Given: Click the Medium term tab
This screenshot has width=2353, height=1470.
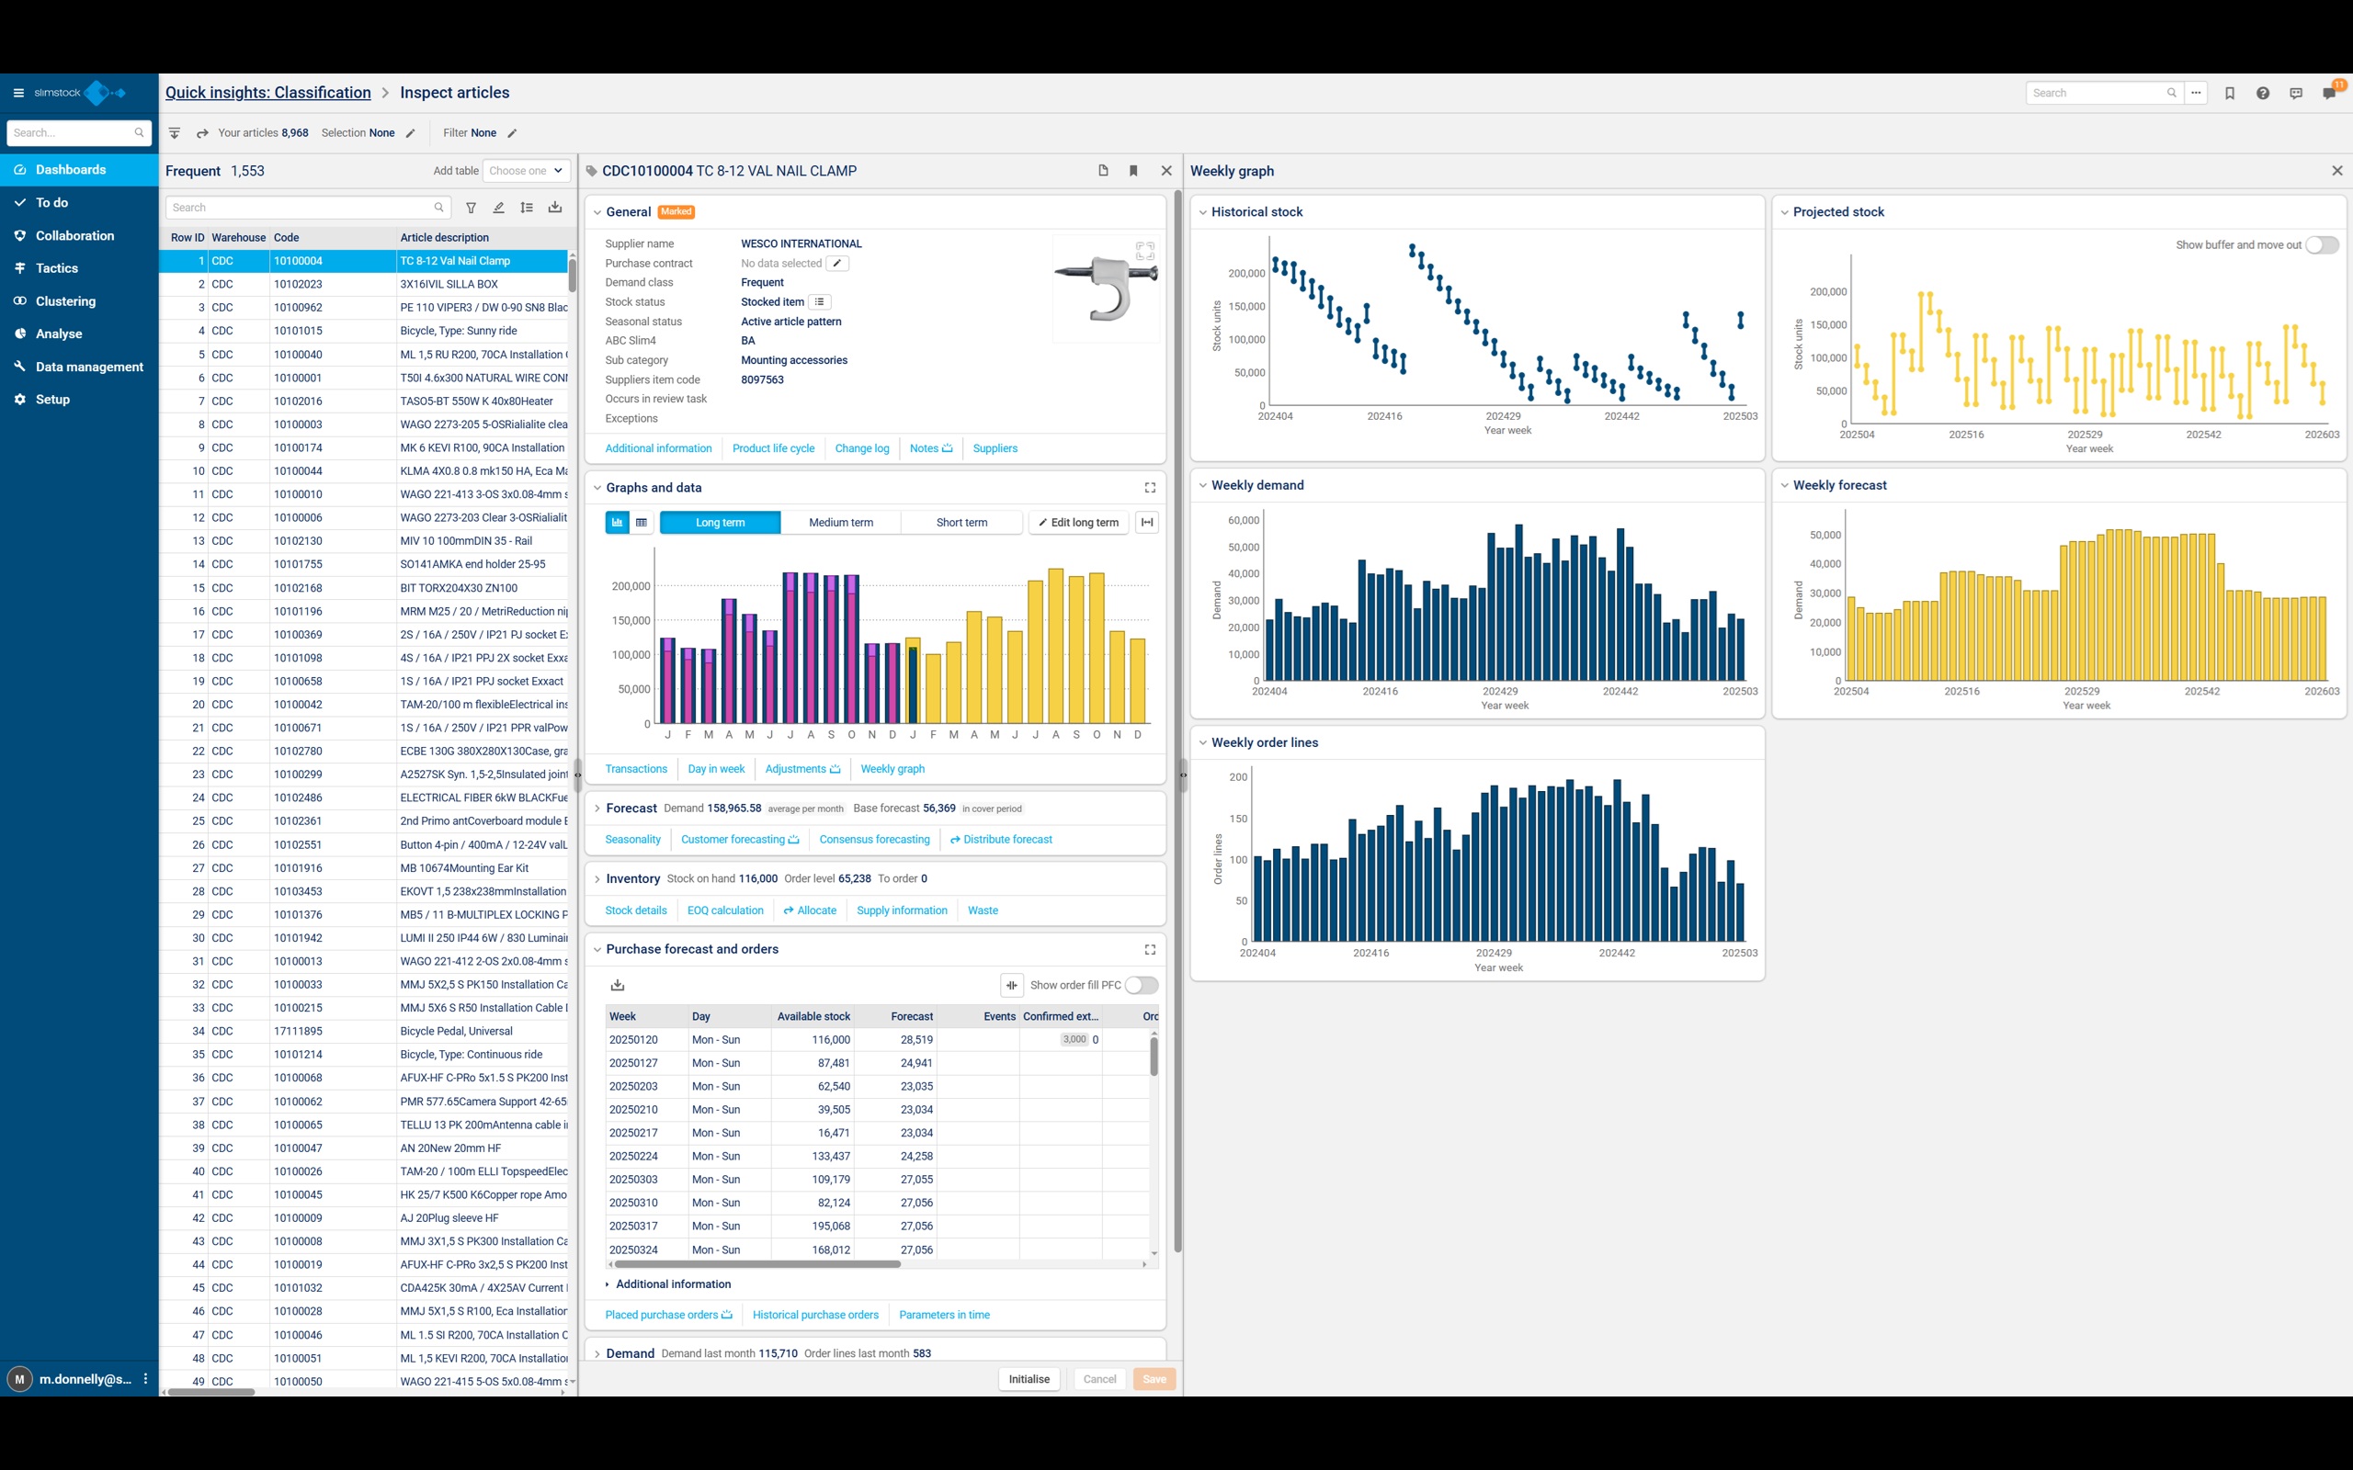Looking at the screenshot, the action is [840, 522].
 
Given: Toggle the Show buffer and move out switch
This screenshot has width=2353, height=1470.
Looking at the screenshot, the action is [2321, 245].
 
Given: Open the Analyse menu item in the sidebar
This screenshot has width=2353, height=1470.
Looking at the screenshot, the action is [58, 334].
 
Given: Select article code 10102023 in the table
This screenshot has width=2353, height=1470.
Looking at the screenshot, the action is [298, 284].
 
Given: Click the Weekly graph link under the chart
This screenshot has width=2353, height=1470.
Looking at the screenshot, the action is [892, 769].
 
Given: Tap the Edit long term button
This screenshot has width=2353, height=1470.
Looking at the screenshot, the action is [1078, 522].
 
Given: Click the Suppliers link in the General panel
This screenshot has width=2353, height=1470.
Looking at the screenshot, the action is [995, 448].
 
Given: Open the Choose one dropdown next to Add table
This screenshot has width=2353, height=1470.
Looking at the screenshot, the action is [526, 171].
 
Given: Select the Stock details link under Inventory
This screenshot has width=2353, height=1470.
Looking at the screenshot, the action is [636, 910].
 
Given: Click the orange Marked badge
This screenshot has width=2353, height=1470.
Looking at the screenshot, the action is [676, 212].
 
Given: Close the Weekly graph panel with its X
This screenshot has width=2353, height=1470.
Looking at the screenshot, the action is [2336, 171].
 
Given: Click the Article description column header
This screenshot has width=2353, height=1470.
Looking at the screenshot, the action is [444, 237].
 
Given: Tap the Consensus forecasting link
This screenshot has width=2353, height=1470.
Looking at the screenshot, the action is [874, 839].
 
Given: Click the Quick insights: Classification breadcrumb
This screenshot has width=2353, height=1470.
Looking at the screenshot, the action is [268, 93].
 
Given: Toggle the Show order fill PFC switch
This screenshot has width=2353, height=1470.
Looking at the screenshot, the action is [1142, 985].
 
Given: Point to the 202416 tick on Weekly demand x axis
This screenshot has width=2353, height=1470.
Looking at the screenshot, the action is [1380, 691].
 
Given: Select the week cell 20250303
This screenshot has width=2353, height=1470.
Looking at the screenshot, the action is [633, 1180].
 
